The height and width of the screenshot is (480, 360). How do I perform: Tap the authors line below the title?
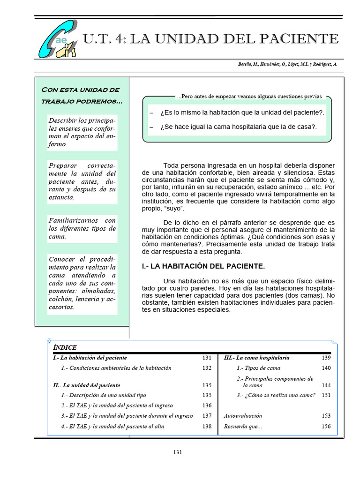287,64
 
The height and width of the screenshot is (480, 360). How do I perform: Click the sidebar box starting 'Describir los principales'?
82,132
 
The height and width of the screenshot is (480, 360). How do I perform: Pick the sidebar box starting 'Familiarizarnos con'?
82,228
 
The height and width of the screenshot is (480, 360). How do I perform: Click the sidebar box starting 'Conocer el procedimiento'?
82,283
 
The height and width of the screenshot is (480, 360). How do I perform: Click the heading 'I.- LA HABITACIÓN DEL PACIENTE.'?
203,266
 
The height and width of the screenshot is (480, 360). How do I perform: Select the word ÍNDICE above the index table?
65,347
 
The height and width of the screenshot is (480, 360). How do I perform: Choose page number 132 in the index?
207,368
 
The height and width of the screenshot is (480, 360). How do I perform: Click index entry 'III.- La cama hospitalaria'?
256,357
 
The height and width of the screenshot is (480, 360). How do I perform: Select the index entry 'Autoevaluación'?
243,415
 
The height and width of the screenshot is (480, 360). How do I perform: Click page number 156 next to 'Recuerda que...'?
326,426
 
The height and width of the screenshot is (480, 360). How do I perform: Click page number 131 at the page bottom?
178,452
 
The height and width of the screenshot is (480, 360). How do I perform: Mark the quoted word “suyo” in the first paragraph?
175,208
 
